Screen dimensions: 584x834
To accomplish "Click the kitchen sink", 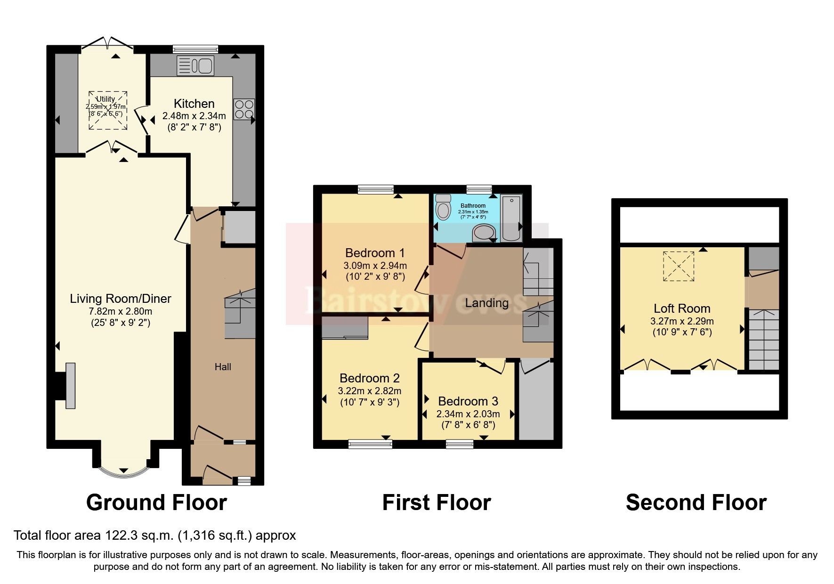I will (x=195, y=66).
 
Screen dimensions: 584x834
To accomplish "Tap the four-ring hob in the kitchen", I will (x=243, y=109).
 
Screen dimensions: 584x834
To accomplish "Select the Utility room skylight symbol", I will (x=108, y=111).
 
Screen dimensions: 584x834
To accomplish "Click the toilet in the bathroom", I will (x=443, y=207).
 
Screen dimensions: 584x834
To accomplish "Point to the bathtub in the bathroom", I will (x=511, y=218).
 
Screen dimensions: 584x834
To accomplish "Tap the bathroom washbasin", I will (x=484, y=232).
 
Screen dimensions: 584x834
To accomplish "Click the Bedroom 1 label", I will (x=375, y=253).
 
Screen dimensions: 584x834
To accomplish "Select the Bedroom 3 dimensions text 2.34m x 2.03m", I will (x=468, y=414).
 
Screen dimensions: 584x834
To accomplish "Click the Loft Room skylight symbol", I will (x=679, y=267).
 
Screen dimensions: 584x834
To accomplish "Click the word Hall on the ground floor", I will (x=223, y=367).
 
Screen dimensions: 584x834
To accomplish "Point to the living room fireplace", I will (x=70, y=386).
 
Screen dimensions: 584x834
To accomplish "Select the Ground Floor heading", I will (x=156, y=503).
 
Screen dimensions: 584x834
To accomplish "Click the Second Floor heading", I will (x=696, y=503).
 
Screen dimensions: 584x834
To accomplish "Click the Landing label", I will (x=486, y=303).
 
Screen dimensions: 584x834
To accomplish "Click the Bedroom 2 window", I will (x=370, y=443).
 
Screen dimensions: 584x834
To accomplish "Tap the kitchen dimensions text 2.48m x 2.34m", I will (x=194, y=116).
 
